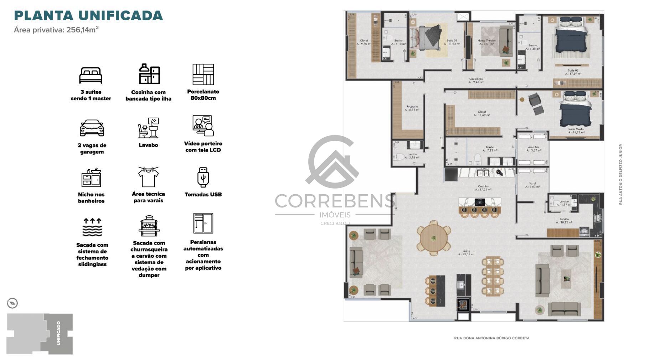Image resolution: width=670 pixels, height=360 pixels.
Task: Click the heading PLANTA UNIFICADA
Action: pyautogui.click(x=88, y=16)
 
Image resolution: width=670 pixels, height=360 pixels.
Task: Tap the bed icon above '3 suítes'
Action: pyautogui.click(x=91, y=75)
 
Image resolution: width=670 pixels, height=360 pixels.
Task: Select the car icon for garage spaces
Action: pyautogui.click(x=92, y=128)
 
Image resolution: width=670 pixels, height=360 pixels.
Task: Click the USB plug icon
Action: pyautogui.click(x=203, y=177)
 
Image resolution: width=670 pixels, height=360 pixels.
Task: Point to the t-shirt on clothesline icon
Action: pyautogui.click(x=148, y=177)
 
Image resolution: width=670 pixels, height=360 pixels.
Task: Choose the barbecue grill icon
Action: pyautogui.click(x=149, y=226)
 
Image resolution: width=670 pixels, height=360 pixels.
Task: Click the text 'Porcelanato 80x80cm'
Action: pyautogui.click(x=203, y=95)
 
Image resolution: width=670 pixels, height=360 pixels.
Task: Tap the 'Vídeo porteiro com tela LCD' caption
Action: pyautogui.click(x=203, y=147)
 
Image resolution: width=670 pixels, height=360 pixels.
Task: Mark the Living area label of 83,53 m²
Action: pyautogui.click(x=466, y=253)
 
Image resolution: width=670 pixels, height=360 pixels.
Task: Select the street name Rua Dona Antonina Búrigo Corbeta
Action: pyautogui.click(x=491, y=338)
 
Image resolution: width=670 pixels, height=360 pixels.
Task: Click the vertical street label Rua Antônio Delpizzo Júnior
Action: pyautogui.click(x=620, y=174)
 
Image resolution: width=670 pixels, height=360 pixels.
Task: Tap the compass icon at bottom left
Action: pyautogui.click(x=12, y=303)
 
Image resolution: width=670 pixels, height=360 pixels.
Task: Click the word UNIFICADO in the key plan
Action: pyautogui.click(x=58, y=333)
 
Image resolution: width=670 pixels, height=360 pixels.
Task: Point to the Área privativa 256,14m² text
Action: pyautogui.click(x=56, y=30)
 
